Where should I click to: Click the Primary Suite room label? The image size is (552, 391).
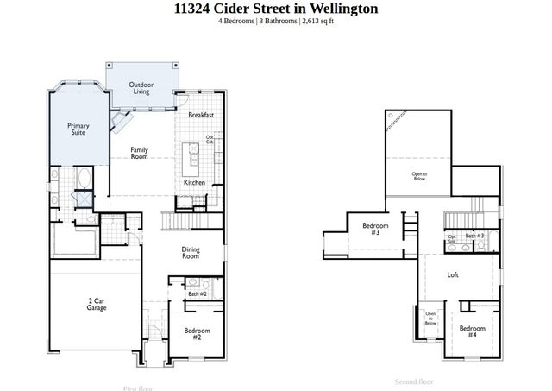(x=78, y=129)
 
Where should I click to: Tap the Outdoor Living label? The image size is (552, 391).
(x=141, y=87)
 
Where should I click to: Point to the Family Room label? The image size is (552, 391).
(x=139, y=153)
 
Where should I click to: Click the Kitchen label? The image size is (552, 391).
(x=194, y=183)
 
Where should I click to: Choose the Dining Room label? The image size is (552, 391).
(x=191, y=253)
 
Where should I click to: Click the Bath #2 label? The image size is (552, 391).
(x=197, y=294)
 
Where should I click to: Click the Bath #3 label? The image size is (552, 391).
(x=474, y=236)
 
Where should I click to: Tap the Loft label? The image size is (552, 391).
(x=453, y=275)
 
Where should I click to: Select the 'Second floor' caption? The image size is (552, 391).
(x=413, y=382)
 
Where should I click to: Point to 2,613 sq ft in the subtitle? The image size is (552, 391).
(x=316, y=21)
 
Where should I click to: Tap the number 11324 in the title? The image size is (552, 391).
(x=194, y=9)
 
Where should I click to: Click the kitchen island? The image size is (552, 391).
(x=193, y=155)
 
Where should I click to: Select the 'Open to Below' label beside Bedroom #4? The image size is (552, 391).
(x=430, y=319)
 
